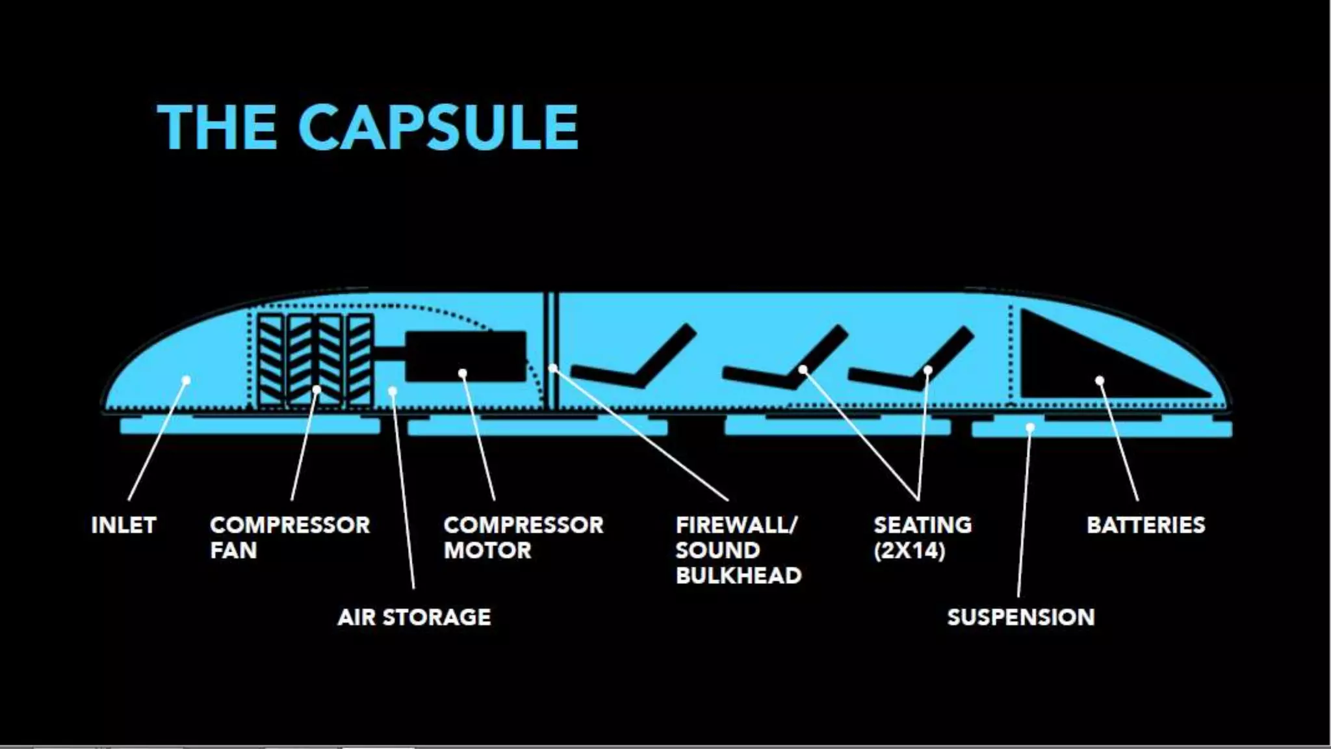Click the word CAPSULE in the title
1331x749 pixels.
point(439,127)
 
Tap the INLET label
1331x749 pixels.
point(123,525)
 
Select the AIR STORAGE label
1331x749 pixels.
point(414,617)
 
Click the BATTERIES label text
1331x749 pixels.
point(1146,525)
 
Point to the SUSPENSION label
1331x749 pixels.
point(1020,617)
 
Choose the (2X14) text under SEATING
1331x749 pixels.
point(909,551)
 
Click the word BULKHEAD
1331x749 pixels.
point(738,575)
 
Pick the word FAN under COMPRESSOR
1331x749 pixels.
point(233,551)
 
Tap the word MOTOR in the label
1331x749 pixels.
point(487,551)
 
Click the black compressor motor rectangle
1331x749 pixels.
point(465,356)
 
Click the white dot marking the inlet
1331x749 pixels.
point(186,380)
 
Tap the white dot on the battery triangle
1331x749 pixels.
point(1100,380)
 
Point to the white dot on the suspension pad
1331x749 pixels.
point(1030,427)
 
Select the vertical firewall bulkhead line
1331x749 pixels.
point(552,351)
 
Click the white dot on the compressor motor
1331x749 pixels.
point(463,373)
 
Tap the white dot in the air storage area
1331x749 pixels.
point(393,391)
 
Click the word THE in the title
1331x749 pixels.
point(216,127)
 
